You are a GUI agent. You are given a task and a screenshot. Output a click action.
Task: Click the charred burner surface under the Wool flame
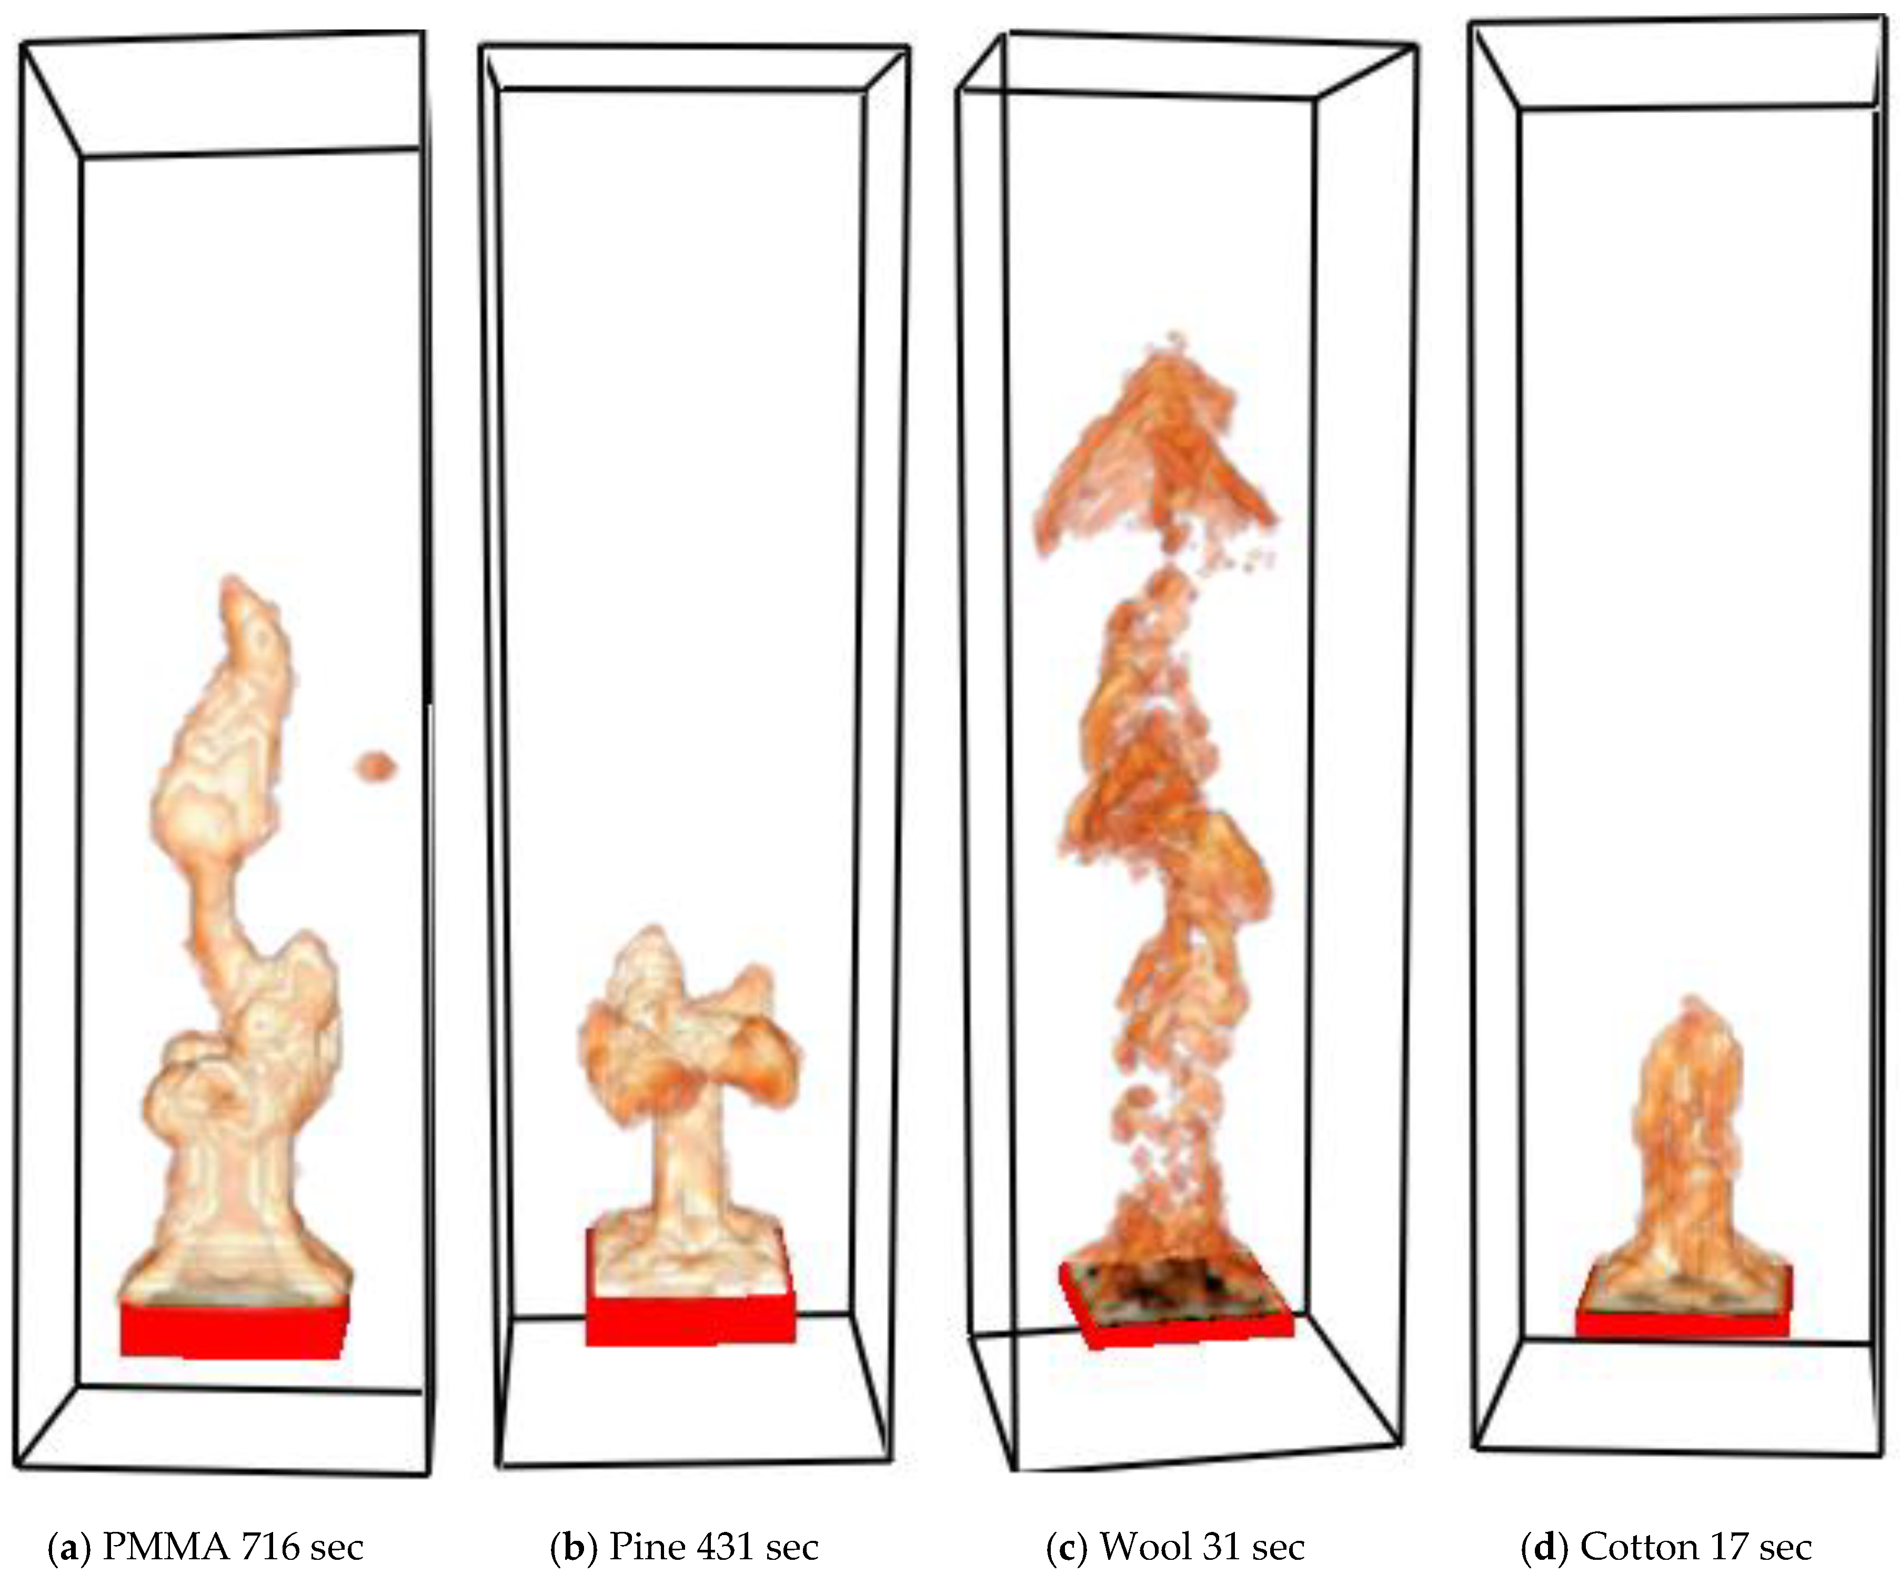pyautogui.click(x=1173, y=1285)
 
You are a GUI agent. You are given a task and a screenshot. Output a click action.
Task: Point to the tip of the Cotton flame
pyautogui.click(x=1685, y=998)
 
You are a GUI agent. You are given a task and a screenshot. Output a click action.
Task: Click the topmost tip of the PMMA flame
pyautogui.click(x=234, y=579)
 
